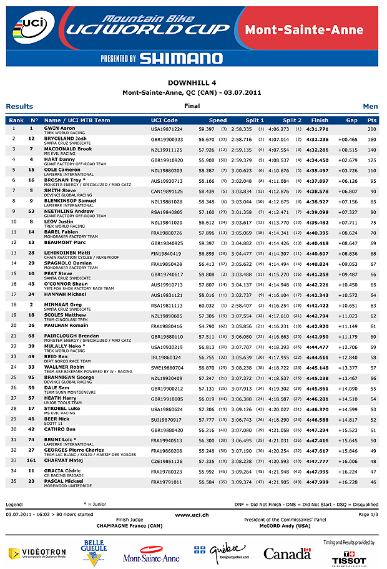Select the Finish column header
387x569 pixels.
click(319, 120)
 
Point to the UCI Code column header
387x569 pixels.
click(164, 120)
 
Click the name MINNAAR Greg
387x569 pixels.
click(62, 304)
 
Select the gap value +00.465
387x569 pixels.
click(348, 139)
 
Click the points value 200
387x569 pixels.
click(372, 129)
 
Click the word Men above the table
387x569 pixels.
click(370, 106)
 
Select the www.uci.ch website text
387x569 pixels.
click(192, 514)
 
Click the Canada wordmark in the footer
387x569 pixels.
click(287, 553)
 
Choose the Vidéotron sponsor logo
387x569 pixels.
click(37, 553)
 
